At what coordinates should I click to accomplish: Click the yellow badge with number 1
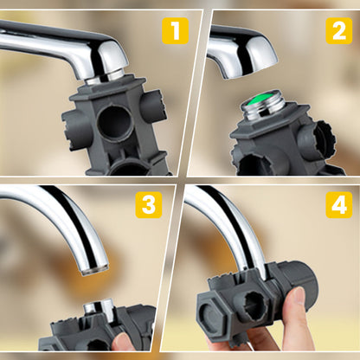tap(174, 32)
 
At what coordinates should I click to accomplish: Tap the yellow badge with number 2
tap(338, 30)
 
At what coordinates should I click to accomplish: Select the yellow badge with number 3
tap(149, 205)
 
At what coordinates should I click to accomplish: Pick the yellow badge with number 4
tap(338, 205)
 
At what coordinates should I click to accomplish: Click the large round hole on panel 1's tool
tap(114, 122)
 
